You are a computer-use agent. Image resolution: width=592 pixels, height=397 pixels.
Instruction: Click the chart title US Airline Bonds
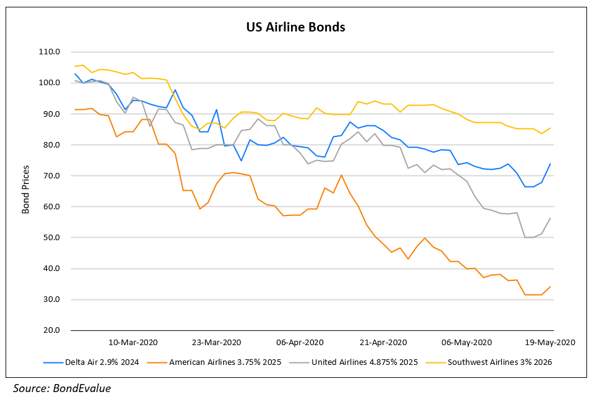coord(295,28)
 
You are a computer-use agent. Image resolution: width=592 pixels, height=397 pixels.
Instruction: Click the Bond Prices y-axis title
coord(26,191)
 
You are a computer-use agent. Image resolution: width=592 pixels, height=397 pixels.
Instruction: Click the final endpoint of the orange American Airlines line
coord(551,286)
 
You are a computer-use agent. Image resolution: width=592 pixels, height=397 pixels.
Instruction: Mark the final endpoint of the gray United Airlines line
coord(551,218)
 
